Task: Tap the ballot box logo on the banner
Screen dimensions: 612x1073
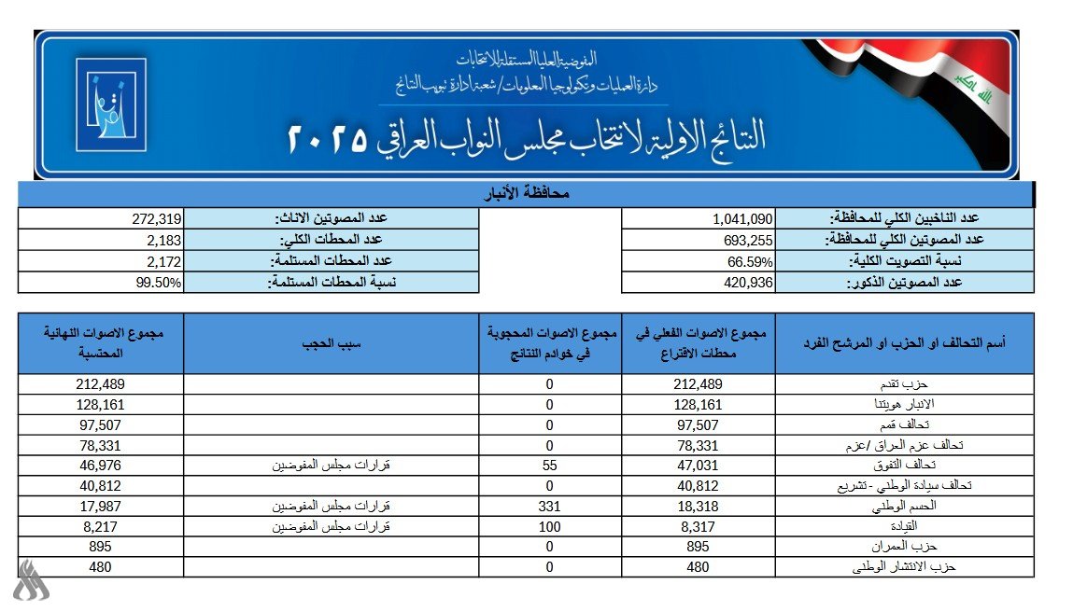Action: click(x=110, y=104)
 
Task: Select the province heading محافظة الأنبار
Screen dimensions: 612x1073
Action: click(x=525, y=194)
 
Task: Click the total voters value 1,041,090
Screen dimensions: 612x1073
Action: click(x=741, y=219)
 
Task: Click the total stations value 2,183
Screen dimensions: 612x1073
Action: click(x=159, y=240)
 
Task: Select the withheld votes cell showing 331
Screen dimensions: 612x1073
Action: click(x=550, y=506)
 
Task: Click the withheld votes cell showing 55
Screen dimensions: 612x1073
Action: click(x=550, y=466)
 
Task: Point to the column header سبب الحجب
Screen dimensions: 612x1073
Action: click(x=332, y=344)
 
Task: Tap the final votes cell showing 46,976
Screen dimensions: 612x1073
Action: click(x=102, y=466)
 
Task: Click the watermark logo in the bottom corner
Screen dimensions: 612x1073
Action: click(x=32, y=581)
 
